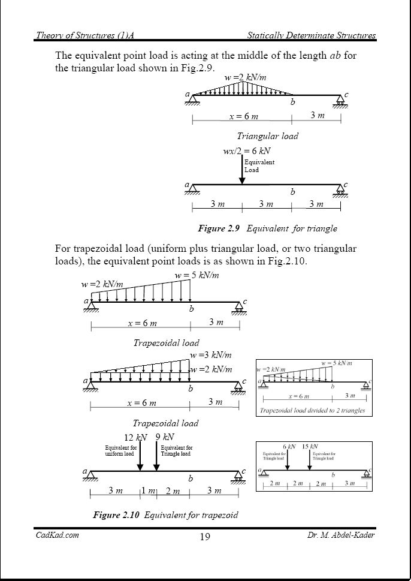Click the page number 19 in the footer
(x=205, y=537)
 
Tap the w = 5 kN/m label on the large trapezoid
(x=197, y=275)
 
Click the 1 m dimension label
(x=147, y=492)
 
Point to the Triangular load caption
(x=267, y=136)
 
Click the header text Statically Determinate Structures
(x=312, y=36)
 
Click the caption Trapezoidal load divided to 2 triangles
(x=312, y=411)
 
